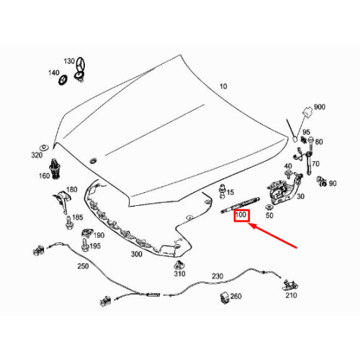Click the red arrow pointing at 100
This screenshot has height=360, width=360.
pyautogui.click(x=272, y=235)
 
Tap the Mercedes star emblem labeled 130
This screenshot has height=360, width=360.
pyautogui.click(x=80, y=70)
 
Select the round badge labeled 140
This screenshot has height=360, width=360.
pyautogui.click(x=63, y=80)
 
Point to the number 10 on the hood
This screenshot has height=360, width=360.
pyautogui.click(x=223, y=86)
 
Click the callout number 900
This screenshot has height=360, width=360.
pyautogui.click(x=320, y=107)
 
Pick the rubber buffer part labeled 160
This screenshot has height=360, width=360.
pyautogui.click(x=55, y=168)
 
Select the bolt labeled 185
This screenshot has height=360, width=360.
pyautogui.click(x=68, y=222)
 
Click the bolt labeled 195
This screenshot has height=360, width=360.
pyautogui.click(x=85, y=245)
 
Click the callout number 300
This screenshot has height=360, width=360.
pyautogui.click(x=136, y=254)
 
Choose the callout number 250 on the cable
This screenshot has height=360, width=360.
pyautogui.click(x=83, y=266)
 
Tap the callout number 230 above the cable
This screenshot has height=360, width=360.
pyautogui.click(x=217, y=276)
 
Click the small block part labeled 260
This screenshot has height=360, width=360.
pyautogui.click(x=225, y=298)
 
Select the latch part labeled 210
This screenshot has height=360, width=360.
pyautogui.click(x=290, y=285)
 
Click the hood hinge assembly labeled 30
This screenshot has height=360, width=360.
pyautogui.click(x=283, y=189)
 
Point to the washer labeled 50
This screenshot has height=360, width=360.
pyautogui.click(x=269, y=207)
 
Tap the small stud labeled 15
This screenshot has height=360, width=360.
pyautogui.click(x=222, y=192)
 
